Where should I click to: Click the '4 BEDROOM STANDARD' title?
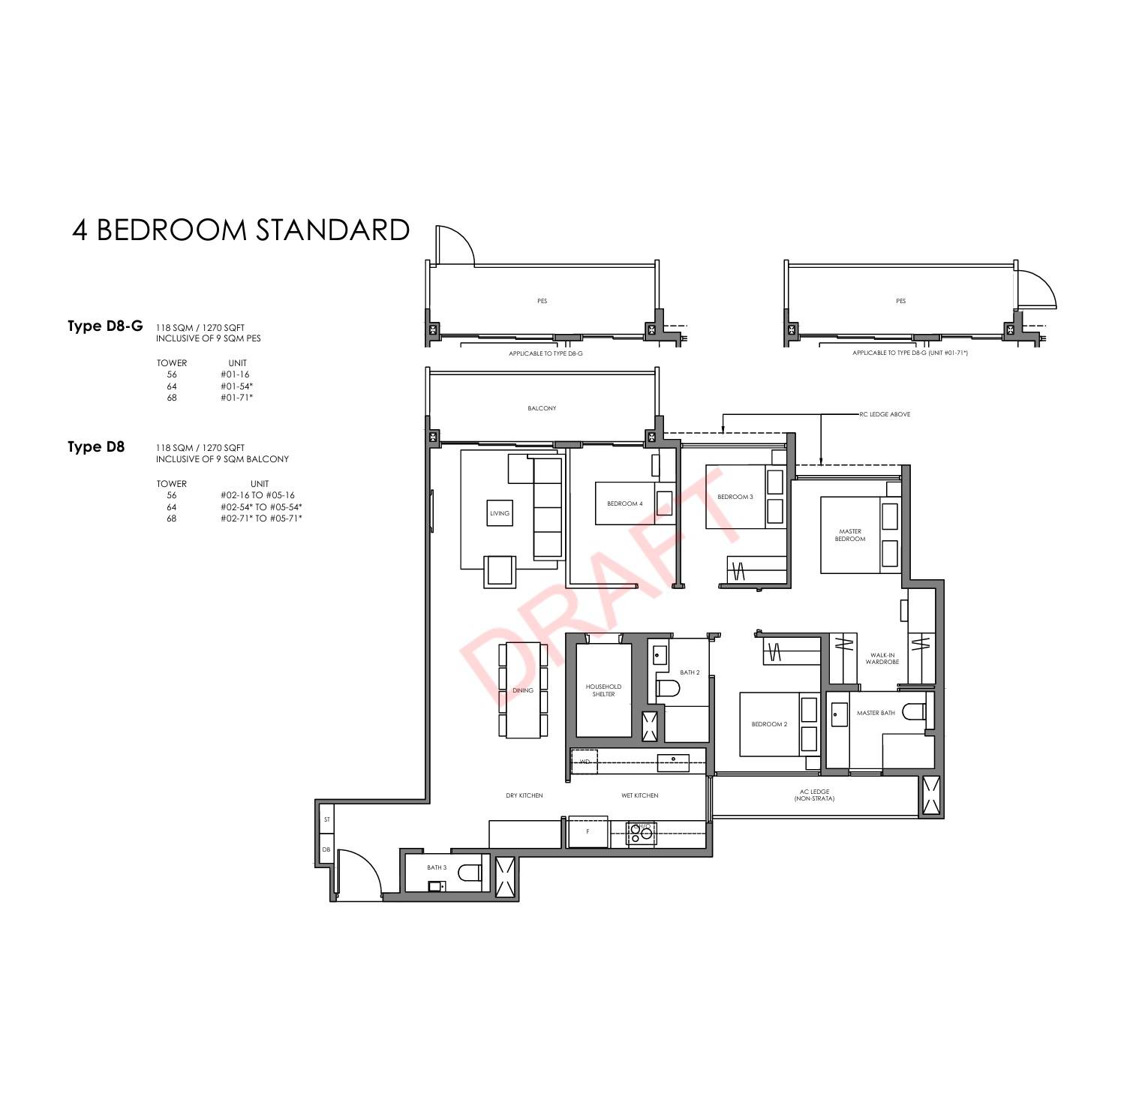pos(241,230)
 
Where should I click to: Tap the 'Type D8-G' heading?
pos(105,326)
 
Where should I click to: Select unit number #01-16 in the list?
pos(235,374)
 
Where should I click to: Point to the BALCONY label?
pos(542,408)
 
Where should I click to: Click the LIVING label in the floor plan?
pos(500,513)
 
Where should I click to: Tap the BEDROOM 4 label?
pos(624,503)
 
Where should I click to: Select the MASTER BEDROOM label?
pos(850,535)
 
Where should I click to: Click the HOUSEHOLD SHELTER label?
pos(603,690)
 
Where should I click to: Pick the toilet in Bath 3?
pos(470,873)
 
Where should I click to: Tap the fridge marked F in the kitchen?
pos(588,831)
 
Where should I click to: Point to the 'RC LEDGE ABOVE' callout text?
pos(885,414)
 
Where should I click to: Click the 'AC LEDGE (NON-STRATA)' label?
pos(814,795)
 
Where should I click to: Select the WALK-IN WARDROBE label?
pos(882,658)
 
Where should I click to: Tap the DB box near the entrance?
pos(326,849)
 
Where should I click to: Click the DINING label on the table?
pos(523,690)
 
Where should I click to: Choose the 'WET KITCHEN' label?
pos(640,795)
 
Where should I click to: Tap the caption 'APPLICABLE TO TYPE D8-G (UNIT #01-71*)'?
pos(910,353)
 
